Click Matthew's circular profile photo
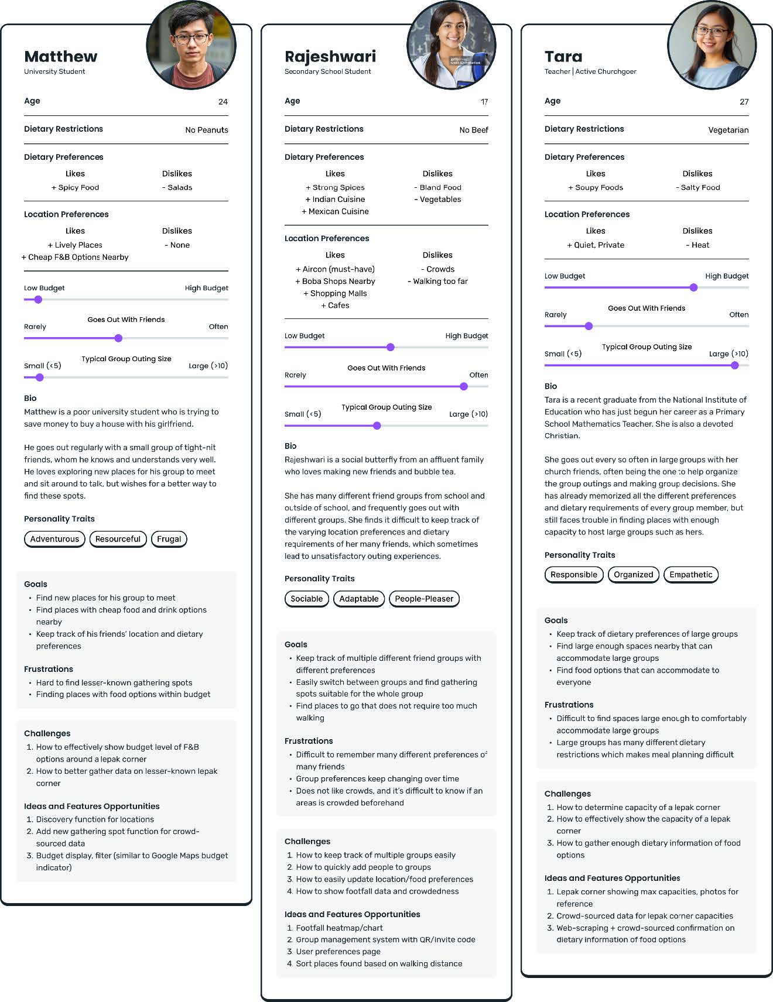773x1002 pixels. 191,45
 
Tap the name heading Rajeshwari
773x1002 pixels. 330,57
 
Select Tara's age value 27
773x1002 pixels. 744,102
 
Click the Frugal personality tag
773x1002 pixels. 169,539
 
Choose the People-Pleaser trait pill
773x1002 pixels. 424,599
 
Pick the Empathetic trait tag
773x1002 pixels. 690,575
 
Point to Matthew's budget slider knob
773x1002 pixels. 38,300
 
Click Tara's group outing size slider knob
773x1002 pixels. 734,365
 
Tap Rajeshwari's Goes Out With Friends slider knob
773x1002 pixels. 464,386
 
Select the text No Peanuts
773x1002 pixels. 207,130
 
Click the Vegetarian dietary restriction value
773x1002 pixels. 728,130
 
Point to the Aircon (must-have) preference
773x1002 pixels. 335,269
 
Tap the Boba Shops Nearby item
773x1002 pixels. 335,282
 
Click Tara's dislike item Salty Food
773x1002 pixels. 698,187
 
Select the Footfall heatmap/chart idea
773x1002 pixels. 339,928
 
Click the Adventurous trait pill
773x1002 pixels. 54,539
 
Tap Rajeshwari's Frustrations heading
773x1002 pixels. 309,741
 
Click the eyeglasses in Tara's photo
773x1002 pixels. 711,32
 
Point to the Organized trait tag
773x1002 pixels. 633,575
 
